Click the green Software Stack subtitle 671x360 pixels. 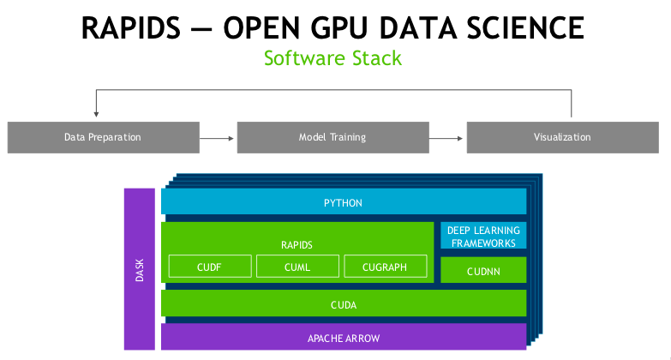[x=333, y=59]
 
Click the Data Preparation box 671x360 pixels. [x=102, y=137]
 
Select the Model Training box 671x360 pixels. [x=332, y=137]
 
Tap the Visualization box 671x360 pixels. [x=561, y=137]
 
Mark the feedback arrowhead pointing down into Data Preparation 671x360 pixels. [x=96, y=112]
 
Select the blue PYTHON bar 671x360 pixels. [x=343, y=202]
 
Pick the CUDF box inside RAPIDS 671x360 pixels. [x=209, y=267]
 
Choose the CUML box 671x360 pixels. [x=297, y=267]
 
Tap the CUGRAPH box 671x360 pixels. [x=385, y=267]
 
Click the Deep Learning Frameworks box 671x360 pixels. [x=483, y=236]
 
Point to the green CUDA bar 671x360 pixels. [x=343, y=303]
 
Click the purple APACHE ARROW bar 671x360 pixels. [x=343, y=338]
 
